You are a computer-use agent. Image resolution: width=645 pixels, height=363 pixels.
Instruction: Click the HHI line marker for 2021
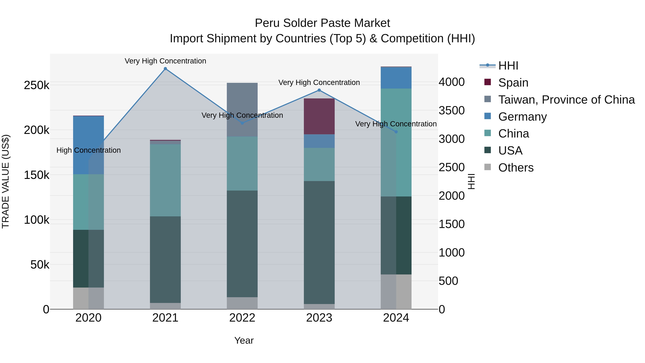(x=165, y=69)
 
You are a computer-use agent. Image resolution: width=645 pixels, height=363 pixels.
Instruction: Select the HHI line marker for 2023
(x=319, y=90)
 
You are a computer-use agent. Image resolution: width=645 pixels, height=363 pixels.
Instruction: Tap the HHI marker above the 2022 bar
(x=242, y=123)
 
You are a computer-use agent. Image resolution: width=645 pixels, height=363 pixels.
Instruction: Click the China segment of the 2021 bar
(x=165, y=180)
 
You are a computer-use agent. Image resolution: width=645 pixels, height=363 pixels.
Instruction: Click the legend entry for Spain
(x=513, y=83)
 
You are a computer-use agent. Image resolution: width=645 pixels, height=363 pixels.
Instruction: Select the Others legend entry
(x=515, y=168)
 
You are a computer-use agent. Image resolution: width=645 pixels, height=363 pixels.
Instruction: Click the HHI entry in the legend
(x=508, y=66)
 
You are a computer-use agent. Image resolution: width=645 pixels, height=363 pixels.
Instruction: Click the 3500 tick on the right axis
(x=451, y=110)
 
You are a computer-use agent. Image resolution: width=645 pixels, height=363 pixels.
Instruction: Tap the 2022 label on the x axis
(x=242, y=318)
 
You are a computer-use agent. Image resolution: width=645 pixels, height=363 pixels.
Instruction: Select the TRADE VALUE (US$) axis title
(x=6, y=181)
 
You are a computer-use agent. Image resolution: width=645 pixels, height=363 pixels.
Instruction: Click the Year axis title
(x=244, y=340)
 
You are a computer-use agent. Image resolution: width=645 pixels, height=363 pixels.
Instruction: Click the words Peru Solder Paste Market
(x=322, y=23)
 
